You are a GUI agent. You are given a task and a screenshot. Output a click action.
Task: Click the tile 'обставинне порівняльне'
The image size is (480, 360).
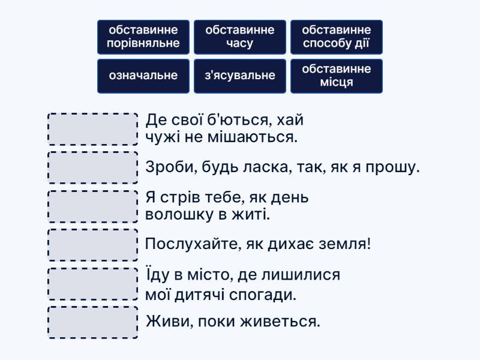point(143,37)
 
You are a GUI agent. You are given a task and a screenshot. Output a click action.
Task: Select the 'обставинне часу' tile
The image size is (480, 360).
point(240,37)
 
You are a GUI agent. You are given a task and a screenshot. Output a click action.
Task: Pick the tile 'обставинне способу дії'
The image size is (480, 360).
point(337,37)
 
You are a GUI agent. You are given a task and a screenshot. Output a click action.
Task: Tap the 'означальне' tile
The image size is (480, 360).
point(143,76)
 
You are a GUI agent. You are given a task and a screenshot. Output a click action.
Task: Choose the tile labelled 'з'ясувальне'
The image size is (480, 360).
point(240,76)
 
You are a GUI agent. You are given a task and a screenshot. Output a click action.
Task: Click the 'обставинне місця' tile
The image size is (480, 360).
point(337,76)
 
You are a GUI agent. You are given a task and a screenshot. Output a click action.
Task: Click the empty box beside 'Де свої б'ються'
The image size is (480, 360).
point(93,129)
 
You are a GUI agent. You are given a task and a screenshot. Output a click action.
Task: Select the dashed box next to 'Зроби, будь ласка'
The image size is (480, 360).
point(93,168)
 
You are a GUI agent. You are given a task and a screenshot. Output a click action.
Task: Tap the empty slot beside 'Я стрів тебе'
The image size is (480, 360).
point(93,206)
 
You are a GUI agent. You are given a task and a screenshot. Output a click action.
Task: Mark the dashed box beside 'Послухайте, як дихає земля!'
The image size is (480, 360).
point(93,245)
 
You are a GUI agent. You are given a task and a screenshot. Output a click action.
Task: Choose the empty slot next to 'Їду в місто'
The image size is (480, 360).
point(93,284)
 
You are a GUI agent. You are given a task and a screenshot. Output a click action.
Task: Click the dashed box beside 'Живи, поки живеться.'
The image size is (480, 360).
point(93,322)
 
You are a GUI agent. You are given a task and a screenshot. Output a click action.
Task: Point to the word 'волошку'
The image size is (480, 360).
point(179,214)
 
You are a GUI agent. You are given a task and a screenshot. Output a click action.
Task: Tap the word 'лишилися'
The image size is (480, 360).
point(301,275)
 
